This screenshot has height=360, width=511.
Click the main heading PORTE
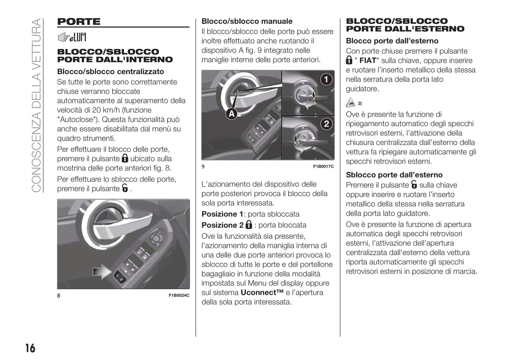click(x=79, y=22)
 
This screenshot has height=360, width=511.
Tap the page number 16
click(x=30, y=348)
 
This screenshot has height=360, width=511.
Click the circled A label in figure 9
click(x=231, y=114)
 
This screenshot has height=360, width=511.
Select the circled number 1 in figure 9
click(x=326, y=79)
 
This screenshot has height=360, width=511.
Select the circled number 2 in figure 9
click(x=326, y=124)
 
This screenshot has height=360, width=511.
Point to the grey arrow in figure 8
click(x=102, y=271)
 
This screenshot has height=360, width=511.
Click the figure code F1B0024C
click(x=179, y=295)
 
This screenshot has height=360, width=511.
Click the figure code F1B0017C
click(x=323, y=166)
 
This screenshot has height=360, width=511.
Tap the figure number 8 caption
click(x=59, y=295)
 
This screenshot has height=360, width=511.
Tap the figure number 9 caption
click(x=203, y=166)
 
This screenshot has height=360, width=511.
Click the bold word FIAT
click(x=367, y=60)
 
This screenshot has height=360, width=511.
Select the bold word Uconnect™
click(x=262, y=293)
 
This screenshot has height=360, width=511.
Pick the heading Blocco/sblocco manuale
click(x=247, y=21)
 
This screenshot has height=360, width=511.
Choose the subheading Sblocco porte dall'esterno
click(x=394, y=175)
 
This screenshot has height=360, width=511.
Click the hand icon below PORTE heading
click(x=72, y=37)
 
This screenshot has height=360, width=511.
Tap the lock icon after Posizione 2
click(x=249, y=225)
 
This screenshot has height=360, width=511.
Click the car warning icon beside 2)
click(x=350, y=103)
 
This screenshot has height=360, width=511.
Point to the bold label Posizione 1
click(x=222, y=214)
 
